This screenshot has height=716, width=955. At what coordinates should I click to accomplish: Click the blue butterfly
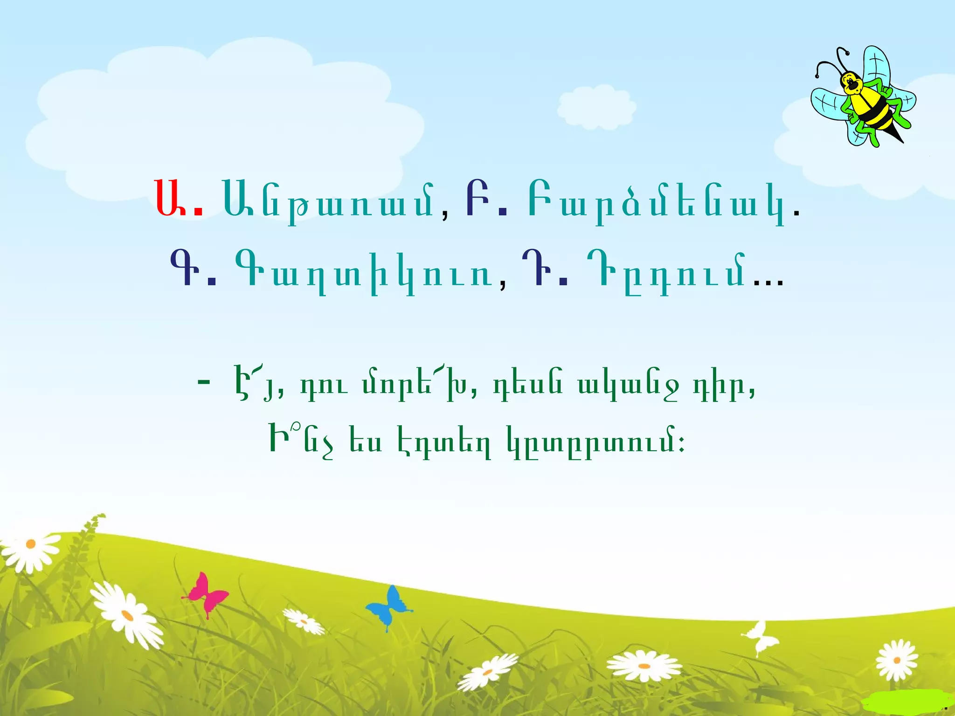click(x=388, y=606)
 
